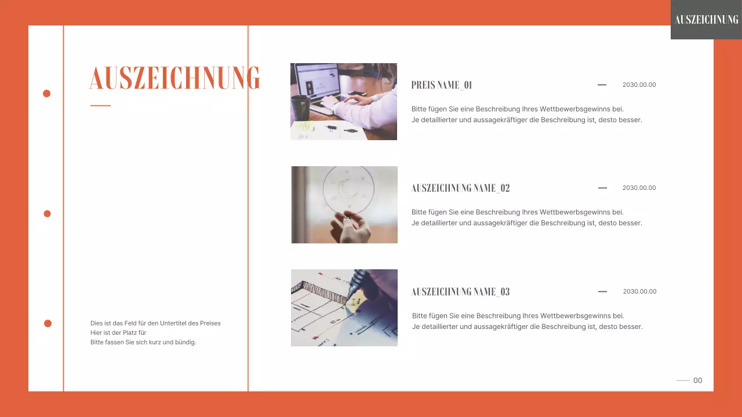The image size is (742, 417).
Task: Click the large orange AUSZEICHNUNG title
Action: [x=174, y=78]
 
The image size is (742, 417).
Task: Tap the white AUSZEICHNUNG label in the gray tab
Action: [x=706, y=20]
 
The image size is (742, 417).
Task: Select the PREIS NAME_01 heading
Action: [x=441, y=85]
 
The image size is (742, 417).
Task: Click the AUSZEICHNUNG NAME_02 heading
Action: [x=460, y=188]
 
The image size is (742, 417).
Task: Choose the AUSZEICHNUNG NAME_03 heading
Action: [x=460, y=292]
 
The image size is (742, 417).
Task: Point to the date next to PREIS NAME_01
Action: [x=639, y=85]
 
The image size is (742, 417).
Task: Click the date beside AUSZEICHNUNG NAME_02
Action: [x=639, y=188]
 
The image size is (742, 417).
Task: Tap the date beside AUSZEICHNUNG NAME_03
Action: [x=639, y=291]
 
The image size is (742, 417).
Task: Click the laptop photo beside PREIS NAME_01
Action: [x=344, y=101]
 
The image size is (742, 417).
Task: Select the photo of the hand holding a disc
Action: [x=344, y=204]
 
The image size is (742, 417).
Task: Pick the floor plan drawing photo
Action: [x=344, y=308]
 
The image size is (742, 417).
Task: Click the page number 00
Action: [x=697, y=381]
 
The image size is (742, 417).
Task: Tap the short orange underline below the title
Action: [x=100, y=105]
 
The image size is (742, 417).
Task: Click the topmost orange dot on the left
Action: [x=47, y=93]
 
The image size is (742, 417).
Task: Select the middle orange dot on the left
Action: [x=48, y=214]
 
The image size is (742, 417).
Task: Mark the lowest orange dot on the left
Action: [x=48, y=323]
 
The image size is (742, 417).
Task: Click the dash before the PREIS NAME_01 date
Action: [x=602, y=85]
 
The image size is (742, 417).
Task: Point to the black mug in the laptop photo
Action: [x=299, y=108]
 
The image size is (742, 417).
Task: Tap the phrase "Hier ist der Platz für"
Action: [x=118, y=332]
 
